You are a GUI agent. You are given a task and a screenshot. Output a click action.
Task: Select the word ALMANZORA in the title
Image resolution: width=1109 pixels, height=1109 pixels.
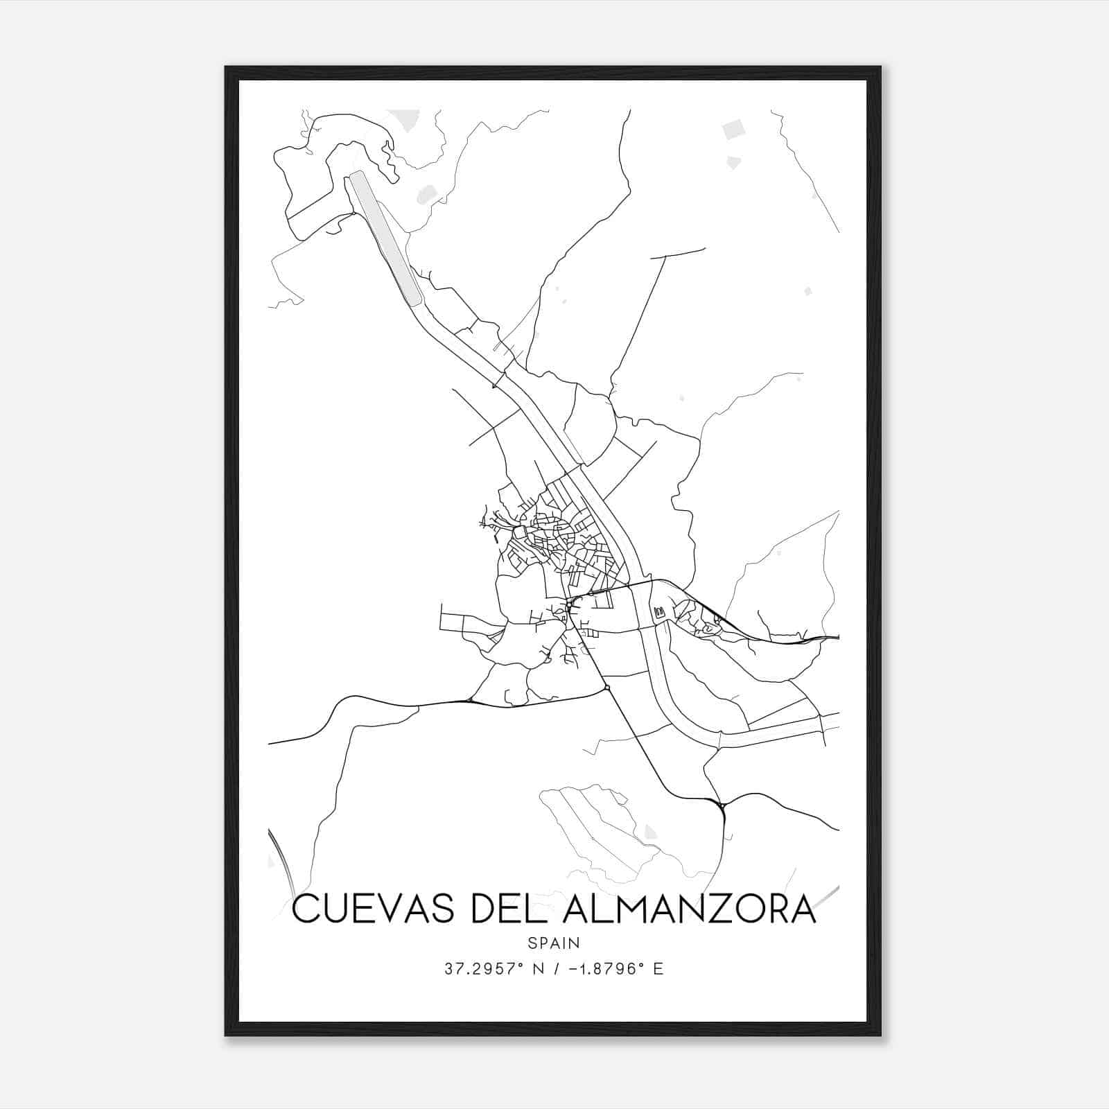(x=690, y=909)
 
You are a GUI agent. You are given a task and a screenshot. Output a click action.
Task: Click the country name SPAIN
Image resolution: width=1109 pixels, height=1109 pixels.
(x=554, y=943)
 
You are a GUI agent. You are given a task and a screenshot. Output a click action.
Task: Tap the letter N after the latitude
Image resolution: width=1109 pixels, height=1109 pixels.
(x=534, y=969)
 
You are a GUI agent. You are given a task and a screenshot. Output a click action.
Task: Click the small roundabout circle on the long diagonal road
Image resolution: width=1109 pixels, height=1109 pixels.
(x=606, y=687)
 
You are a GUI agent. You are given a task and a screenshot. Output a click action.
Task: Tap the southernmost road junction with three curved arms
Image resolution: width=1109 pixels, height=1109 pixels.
(x=722, y=806)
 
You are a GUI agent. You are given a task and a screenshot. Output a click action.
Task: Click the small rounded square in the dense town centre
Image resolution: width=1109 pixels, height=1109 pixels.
(x=519, y=532)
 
